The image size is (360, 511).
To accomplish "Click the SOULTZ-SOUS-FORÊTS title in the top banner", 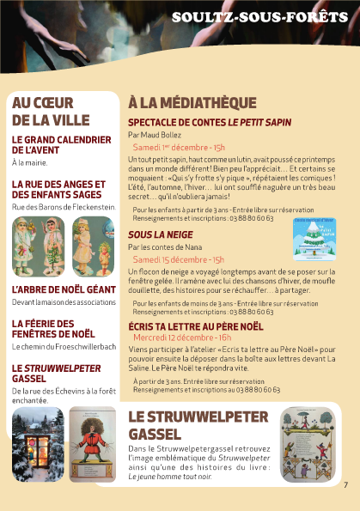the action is [x=260, y=17].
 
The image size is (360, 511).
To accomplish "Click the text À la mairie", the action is [x=28, y=161].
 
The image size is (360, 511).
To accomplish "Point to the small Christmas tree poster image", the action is [x=314, y=237].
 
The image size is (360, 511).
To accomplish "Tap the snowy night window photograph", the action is [x=38, y=444].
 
